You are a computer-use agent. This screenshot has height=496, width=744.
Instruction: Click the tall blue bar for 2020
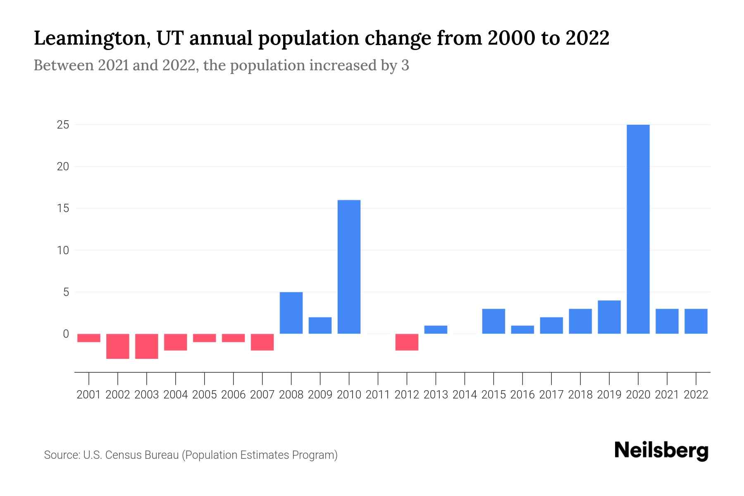pos(638,229)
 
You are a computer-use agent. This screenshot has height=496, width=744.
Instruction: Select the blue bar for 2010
pos(349,267)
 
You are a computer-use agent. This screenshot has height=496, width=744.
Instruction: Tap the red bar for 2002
pos(118,346)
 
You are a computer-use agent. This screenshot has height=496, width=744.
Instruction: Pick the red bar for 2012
pos(407,342)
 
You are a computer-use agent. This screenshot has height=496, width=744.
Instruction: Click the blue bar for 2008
pos(291,313)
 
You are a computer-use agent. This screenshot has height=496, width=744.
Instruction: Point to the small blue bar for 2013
pos(436,330)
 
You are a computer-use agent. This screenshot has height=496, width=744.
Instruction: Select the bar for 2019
pos(609,317)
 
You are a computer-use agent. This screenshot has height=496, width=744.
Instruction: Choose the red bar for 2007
pos(262,342)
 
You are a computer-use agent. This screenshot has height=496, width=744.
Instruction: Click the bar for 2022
pos(696,321)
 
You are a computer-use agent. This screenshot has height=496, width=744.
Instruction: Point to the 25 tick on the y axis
pos(63,125)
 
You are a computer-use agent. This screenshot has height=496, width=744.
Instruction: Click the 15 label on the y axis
pos(63,208)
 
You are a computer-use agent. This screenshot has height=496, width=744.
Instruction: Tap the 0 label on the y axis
pos(66,334)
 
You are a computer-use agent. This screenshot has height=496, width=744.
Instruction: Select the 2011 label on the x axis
pos(378,395)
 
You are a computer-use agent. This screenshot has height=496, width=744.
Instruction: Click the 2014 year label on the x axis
pos(465,395)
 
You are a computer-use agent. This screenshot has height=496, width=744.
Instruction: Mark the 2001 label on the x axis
pos(89,395)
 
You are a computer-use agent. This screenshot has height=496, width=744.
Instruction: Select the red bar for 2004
pos(176,342)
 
